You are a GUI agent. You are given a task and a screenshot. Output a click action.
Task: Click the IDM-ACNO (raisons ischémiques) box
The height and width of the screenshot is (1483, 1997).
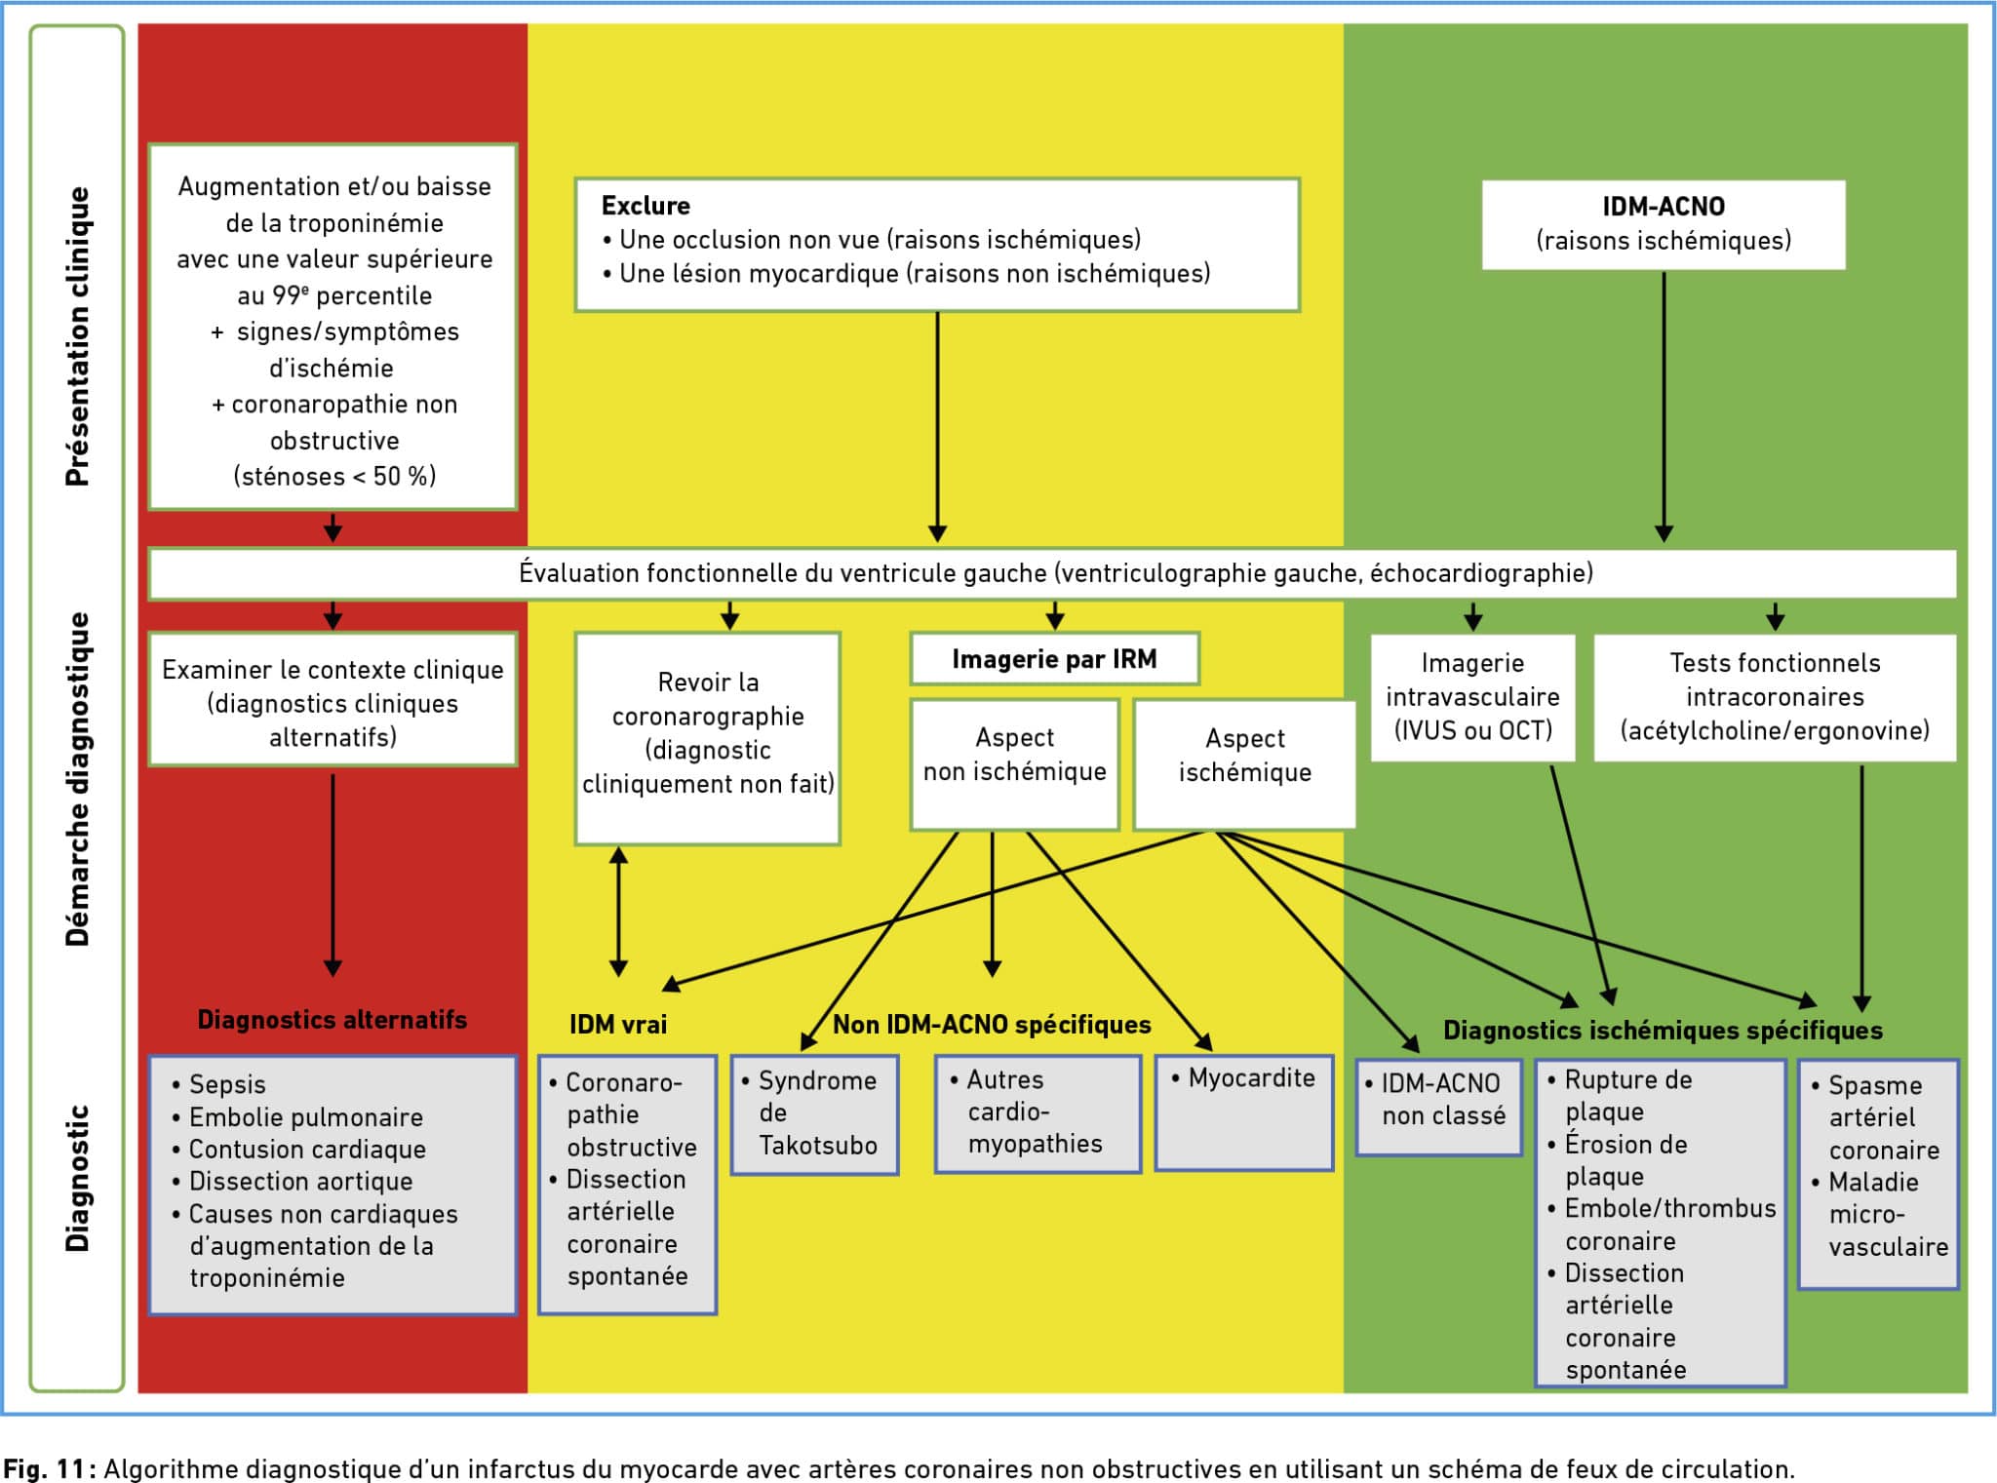click(1664, 224)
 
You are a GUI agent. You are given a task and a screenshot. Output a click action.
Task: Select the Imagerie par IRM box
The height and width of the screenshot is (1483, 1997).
click(1054, 659)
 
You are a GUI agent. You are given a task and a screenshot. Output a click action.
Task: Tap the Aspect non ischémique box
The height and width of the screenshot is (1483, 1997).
click(1014, 764)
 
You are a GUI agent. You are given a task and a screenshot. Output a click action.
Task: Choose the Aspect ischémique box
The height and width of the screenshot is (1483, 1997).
click(1244, 764)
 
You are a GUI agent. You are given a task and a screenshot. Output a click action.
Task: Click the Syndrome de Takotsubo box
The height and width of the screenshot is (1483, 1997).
click(814, 1114)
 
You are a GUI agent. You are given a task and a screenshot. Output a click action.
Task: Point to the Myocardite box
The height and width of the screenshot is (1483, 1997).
click(1243, 1112)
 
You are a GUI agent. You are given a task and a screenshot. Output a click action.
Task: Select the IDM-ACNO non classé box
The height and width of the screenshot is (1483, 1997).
click(1439, 1107)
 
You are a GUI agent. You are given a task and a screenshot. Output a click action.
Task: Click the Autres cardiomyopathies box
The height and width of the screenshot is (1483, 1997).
click(1038, 1113)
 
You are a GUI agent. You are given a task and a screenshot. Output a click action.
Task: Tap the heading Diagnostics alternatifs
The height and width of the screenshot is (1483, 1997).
click(333, 1020)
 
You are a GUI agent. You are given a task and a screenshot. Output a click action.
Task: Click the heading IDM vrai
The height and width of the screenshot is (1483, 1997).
click(618, 1024)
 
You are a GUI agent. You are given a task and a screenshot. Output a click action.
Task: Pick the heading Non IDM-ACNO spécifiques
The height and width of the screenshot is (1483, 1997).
click(992, 1025)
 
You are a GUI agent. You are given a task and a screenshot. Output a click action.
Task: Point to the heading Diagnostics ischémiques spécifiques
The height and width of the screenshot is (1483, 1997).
click(1663, 1031)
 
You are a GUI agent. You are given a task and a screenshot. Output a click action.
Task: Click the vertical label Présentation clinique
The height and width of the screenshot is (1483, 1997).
click(77, 336)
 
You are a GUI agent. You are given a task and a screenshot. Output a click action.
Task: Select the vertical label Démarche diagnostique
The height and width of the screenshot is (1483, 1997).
click(77, 779)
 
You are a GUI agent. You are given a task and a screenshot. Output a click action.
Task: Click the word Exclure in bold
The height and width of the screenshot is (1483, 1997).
click(646, 206)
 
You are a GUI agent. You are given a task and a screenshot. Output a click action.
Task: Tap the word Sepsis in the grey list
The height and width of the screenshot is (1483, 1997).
click(227, 1084)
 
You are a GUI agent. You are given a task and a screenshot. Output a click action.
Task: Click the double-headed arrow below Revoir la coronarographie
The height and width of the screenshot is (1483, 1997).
click(618, 912)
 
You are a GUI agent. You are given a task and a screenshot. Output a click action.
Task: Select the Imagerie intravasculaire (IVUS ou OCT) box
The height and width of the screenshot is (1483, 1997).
click(1472, 697)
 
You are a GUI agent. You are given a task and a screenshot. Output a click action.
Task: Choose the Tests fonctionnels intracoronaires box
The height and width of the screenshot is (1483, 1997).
click(1775, 697)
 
